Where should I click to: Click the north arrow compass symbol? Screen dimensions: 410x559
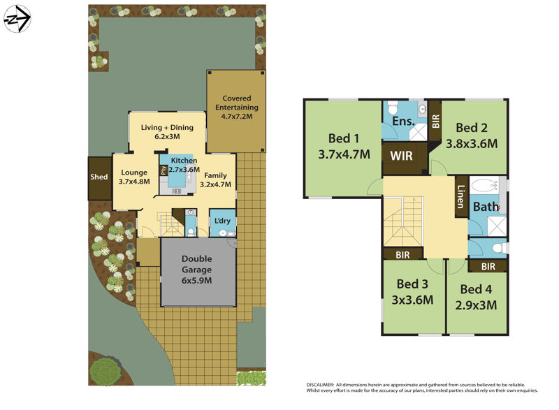(x=17, y=19)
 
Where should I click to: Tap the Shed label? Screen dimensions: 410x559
(x=99, y=177)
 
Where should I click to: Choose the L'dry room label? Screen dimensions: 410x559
(x=223, y=221)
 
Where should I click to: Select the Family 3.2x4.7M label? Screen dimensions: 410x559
(x=217, y=180)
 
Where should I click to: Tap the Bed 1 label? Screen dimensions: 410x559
(x=343, y=137)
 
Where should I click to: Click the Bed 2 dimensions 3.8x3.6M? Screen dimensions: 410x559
(x=472, y=144)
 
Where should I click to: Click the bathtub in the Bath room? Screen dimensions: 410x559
(x=486, y=186)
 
